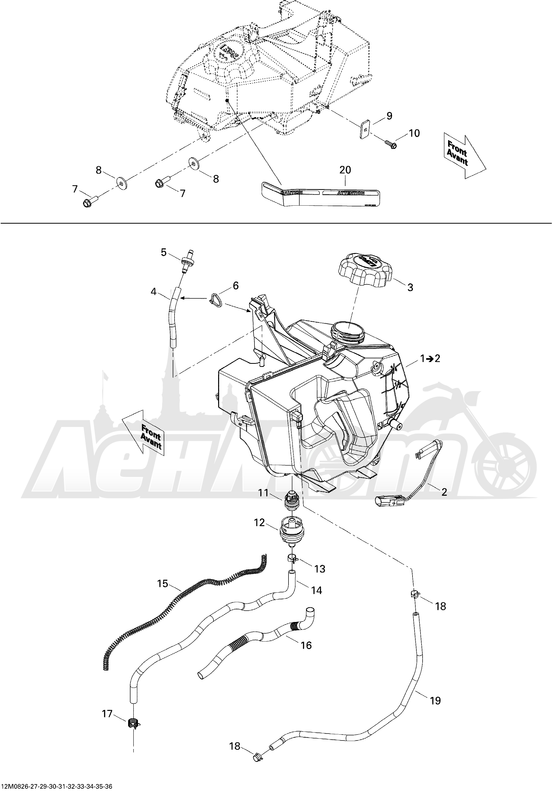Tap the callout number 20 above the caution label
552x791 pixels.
coord(345,170)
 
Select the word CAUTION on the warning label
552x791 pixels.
coord(292,192)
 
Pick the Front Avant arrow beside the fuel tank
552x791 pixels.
coord(146,433)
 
